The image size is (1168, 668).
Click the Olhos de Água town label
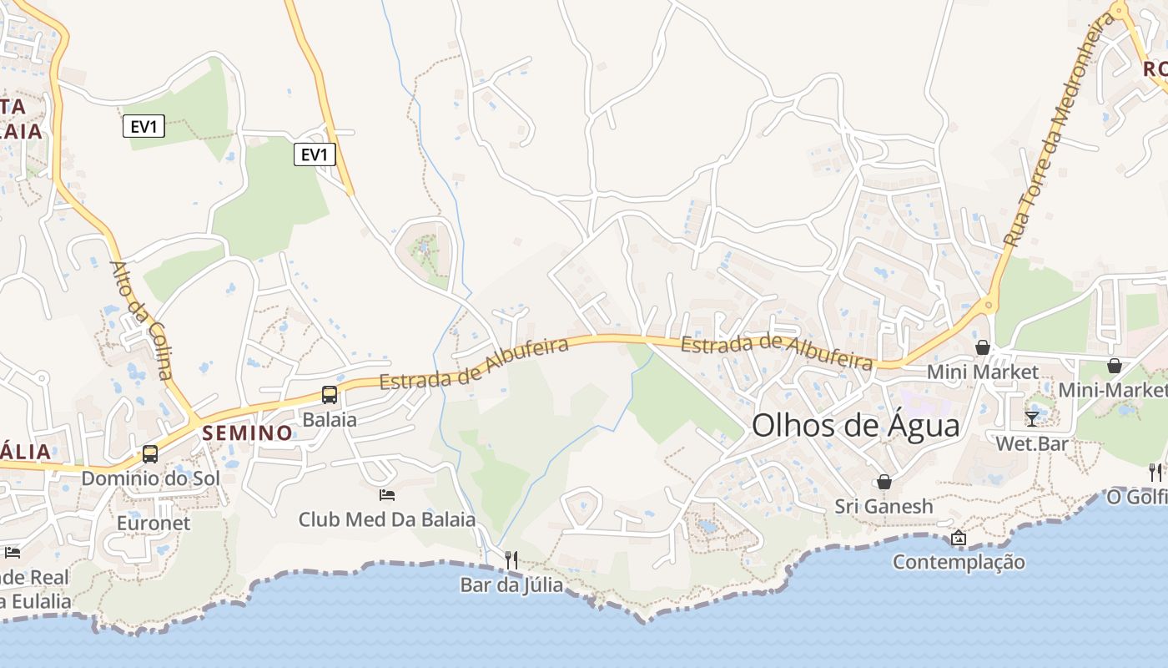click(x=855, y=426)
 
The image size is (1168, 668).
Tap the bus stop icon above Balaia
click(x=330, y=395)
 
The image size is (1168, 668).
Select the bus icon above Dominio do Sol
click(x=150, y=454)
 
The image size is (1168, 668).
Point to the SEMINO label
click(x=247, y=433)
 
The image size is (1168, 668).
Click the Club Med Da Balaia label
click(x=387, y=519)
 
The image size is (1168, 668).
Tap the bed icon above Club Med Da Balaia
click(x=387, y=495)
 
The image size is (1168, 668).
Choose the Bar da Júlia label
click(x=511, y=585)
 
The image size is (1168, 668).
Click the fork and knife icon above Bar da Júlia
click(x=511, y=559)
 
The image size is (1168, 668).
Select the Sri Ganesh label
click(x=884, y=506)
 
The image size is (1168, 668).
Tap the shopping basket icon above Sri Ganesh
click(x=884, y=482)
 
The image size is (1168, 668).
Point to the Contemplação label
click(x=959, y=562)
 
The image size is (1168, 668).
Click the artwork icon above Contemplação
click(x=958, y=538)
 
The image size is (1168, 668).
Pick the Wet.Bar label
click(x=1032, y=443)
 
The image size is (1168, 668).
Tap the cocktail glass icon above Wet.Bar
click(x=1032, y=418)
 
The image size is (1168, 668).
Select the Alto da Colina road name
click(x=142, y=321)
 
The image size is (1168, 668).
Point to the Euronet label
click(x=154, y=524)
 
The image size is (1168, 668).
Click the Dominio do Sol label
click(x=150, y=478)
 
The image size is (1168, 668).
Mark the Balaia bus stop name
click(x=330, y=419)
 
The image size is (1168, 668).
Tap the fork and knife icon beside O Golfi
click(x=1155, y=473)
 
